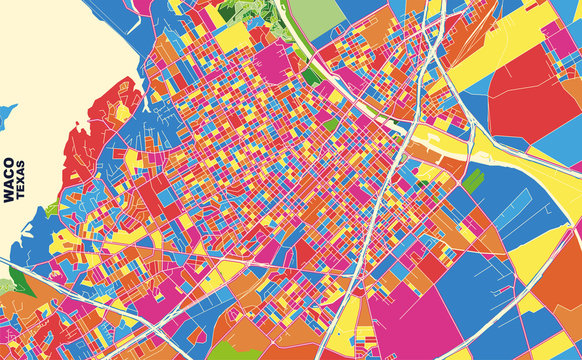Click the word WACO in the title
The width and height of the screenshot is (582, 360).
(9, 180)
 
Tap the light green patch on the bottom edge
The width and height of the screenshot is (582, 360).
(227, 351)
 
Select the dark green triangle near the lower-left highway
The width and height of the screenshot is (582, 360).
(18, 283)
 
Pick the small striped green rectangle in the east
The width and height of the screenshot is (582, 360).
(472, 181)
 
